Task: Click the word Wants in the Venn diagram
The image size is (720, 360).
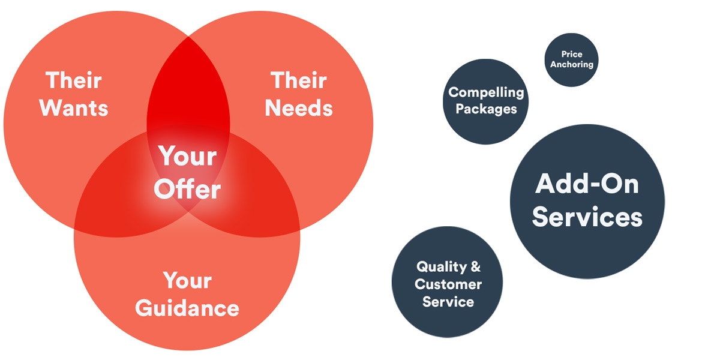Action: coord(74,108)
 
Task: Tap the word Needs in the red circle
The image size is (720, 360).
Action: coord(299,108)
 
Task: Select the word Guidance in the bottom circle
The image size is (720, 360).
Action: coord(187,308)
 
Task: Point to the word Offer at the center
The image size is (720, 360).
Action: coord(187,189)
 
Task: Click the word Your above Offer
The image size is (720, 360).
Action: coord(187,156)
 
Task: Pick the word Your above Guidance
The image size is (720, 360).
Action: coord(187,281)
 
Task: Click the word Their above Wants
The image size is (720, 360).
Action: coord(74,80)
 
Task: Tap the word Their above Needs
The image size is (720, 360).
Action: coord(299,80)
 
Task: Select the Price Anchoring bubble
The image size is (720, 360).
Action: coord(571,60)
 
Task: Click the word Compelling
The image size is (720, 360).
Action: coord(486,93)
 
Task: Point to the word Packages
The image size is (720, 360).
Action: coord(487,109)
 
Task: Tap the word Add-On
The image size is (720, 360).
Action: coord(587,184)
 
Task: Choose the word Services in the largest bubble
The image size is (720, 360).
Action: coord(587,217)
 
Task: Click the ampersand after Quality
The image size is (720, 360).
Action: coord(475,266)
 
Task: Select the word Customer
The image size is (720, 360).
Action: coord(448,284)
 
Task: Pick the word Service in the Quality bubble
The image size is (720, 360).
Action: coord(448,302)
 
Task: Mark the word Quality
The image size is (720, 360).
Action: coord(442,267)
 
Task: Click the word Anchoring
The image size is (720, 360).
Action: coord(572,64)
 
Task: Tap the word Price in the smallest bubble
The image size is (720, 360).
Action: coord(572,54)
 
